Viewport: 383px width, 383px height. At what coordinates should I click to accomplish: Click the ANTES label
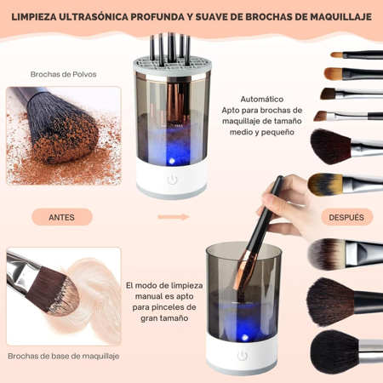[x=61, y=217]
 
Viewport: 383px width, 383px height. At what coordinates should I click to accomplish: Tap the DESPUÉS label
[x=346, y=217]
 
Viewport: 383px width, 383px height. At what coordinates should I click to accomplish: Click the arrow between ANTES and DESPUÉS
[x=179, y=217]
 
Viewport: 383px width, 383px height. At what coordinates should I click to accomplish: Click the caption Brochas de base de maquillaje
[x=63, y=355]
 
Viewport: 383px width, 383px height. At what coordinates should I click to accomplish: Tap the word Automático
[x=261, y=98]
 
